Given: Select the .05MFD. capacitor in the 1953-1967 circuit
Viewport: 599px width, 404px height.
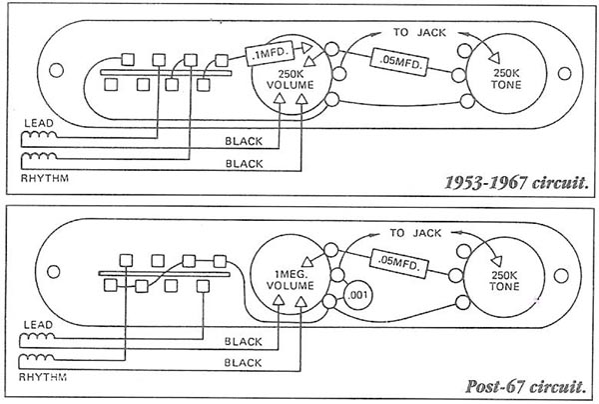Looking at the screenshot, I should (400, 62).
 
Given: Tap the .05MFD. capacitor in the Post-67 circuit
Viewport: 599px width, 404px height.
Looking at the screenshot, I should (400, 263).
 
